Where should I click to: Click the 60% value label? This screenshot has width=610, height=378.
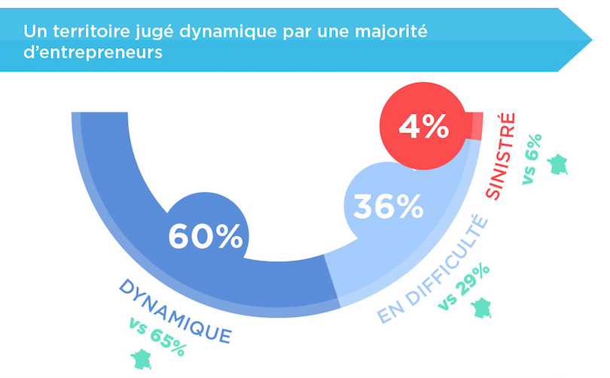pyautogui.click(x=205, y=235)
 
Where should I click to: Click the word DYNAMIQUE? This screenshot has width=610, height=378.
pyautogui.click(x=174, y=309)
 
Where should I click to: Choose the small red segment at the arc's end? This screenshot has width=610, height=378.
pyautogui.click(x=475, y=126)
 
